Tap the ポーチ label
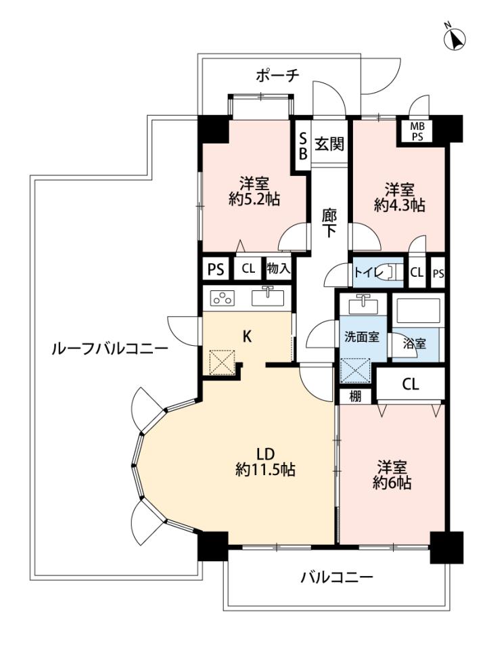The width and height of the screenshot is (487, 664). tap(277, 76)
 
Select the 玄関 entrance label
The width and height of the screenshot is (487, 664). tap(329, 144)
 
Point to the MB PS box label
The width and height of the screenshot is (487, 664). tap(417, 131)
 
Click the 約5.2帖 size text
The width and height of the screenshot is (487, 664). tap(254, 199)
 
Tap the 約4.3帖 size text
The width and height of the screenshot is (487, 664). tap(400, 205)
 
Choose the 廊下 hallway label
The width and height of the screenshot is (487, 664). tap(329, 223)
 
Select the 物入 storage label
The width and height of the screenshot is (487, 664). tap(279, 268)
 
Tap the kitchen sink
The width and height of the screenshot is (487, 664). tap(268, 297)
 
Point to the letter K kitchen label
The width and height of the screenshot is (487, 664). tap(247, 336)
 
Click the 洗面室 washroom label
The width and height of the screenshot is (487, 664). tap(361, 337)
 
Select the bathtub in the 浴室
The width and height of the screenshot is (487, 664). tap(417, 311)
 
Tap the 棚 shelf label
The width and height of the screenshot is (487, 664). tap(355, 397)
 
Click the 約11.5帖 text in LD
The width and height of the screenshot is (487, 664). tap(265, 470)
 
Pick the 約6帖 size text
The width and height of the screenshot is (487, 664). tap(392, 483)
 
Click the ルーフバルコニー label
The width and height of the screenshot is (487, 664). tap(110, 349)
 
